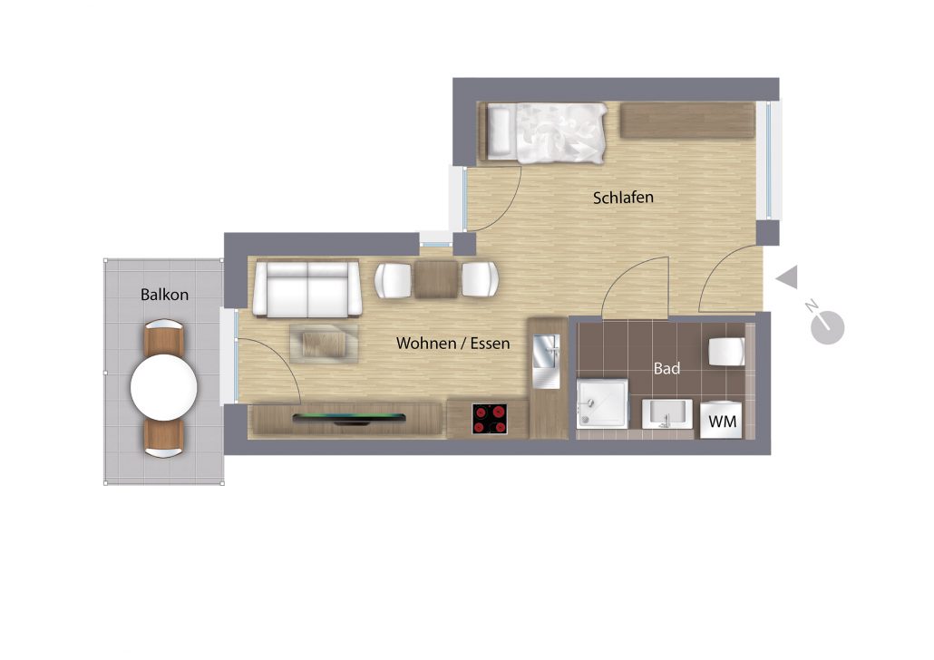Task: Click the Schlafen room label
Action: (x=623, y=197)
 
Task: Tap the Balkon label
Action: (x=164, y=295)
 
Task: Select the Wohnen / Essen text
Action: (x=452, y=343)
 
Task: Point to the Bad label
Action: (x=666, y=369)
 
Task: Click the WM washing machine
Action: (x=721, y=421)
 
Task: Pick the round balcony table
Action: (x=164, y=387)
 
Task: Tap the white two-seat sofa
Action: (x=306, y=289)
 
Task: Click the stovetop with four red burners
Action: (x=490, y=419)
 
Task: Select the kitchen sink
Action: (x=546, y=361)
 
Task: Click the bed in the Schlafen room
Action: (x=542, y=133)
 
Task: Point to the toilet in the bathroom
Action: (x=726, y=352)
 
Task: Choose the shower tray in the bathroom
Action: (x=602, y=403)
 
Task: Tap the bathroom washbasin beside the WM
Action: (x=667, y=413)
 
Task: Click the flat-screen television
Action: (x=349, y=418)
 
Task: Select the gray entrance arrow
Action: (x=787, y=277)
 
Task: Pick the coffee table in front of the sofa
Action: (x=324, y=344)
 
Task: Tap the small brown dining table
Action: (x=436, y=278)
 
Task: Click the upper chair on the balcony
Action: (x=164, y=336)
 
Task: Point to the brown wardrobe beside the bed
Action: (x=688, y=121)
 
